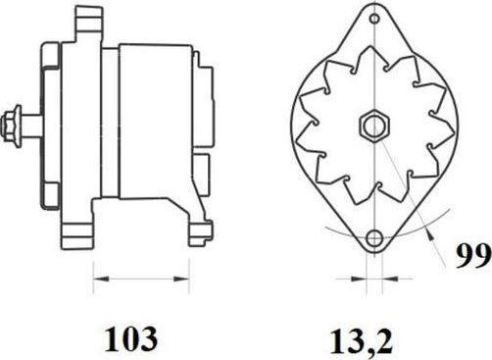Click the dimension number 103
(x=130, y=338)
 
